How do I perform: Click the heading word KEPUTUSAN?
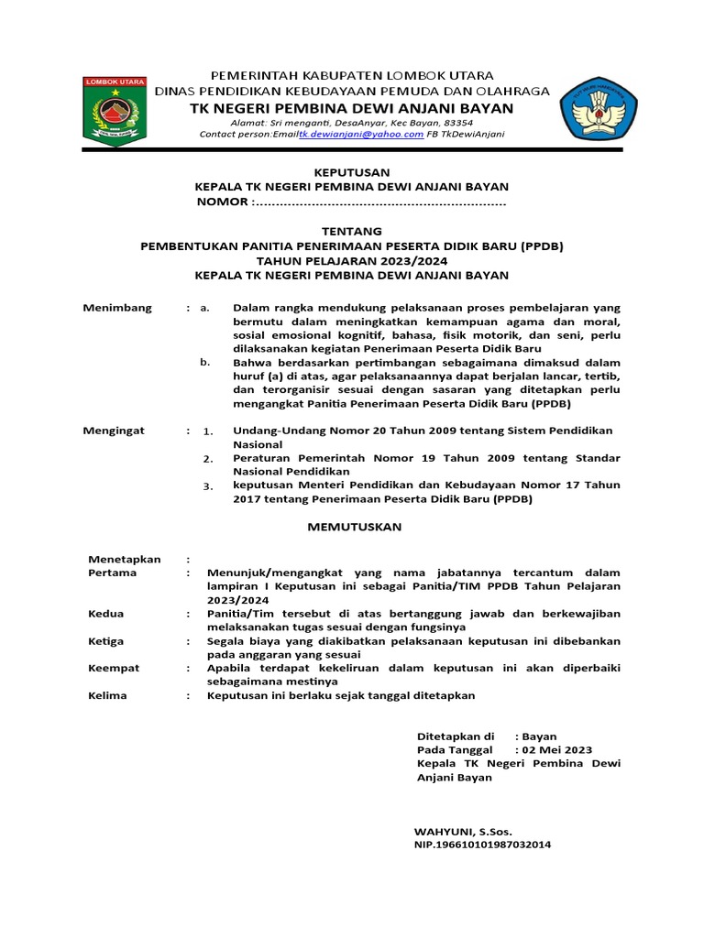352,172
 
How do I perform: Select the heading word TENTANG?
352,231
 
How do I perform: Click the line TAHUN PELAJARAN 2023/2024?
352,260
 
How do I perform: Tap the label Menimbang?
118,308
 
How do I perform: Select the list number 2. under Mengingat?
208,458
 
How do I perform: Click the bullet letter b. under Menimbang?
205,363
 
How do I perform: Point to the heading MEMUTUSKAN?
352,528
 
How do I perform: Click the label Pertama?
112,573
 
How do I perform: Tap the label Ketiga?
106,641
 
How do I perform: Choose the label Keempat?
114,669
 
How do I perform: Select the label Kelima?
107,696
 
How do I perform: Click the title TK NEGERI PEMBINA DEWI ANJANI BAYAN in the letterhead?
352,108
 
